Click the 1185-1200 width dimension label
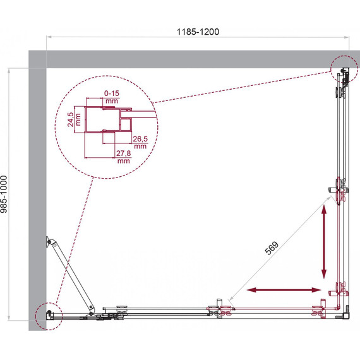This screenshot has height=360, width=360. [x=198, y=32]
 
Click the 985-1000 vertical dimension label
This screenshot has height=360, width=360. [x=4, y=195]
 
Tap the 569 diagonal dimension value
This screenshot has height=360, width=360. [x=272, y=248]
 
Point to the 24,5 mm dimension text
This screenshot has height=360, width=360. [x=74, y=119]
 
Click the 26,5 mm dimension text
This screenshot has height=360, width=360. [x=140, y=142]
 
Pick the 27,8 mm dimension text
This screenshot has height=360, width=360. [x=124, y=157]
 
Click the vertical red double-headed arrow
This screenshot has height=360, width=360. [x=324, y=242]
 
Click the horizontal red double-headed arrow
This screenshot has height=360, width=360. [x=284, y=290]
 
